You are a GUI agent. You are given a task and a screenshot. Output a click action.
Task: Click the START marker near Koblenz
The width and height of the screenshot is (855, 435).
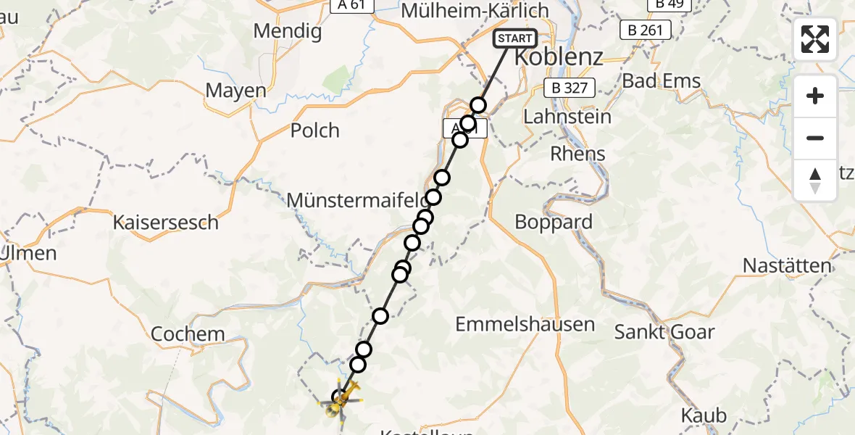515,38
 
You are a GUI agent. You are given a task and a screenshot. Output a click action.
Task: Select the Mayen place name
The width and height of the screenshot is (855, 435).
235,91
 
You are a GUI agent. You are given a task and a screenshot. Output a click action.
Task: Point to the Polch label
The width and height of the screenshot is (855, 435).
314,130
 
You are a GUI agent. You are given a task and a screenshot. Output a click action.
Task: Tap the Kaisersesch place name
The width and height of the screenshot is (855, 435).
165,223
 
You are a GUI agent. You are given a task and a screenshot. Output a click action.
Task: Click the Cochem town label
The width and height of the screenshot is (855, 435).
188,334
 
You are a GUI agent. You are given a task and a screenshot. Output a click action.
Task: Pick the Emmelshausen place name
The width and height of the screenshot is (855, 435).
525,324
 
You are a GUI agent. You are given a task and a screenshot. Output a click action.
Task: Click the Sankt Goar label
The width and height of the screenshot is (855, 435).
664,333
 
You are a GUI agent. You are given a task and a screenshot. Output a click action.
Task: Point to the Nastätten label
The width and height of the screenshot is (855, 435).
787,266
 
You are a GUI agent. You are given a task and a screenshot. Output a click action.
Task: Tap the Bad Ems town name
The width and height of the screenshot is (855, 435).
662,80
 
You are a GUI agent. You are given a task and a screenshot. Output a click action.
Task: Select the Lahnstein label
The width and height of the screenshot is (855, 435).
567,116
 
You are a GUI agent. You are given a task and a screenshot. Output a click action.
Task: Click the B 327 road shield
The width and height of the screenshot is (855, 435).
570,88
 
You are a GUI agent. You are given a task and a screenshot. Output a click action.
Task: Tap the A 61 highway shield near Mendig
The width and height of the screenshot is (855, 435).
352,5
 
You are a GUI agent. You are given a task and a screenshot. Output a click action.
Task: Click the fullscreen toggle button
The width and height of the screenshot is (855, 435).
815,39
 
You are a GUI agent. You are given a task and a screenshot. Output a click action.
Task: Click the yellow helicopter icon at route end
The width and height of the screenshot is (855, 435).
342,399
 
